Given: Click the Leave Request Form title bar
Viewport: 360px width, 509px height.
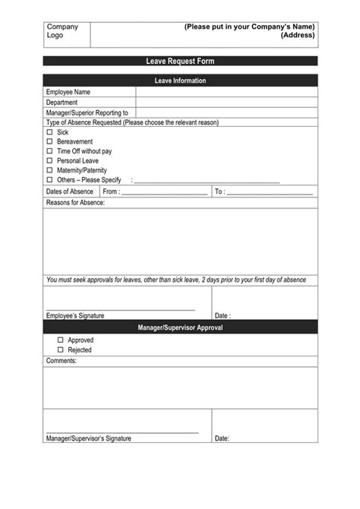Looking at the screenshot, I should click(x=180, y=61).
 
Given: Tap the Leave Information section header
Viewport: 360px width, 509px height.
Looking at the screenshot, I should click(x=180, y=81).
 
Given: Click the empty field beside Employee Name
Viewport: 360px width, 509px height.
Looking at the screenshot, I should click(x=226, y=92).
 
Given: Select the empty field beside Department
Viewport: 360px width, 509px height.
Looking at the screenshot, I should click(x=226, y=102).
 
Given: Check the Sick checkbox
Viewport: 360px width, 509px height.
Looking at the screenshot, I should click(x=50, y=132).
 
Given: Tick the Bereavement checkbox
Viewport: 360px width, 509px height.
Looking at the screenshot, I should click(x=50, y=141).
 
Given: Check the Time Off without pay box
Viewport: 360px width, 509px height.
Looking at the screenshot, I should click(x=50, y=151).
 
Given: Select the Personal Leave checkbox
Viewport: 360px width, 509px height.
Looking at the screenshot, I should click(x=50, y=161).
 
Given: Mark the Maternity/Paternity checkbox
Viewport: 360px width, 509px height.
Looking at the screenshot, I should click(x=50, y=171).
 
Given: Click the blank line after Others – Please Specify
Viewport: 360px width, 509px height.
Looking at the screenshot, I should click(x=207, y=181).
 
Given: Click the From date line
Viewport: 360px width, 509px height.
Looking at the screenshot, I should click(x=164, y=192).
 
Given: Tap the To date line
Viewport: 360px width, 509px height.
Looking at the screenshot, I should click(x=270, y=192).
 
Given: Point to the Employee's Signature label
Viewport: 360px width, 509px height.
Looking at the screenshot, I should click(x=75, y=315).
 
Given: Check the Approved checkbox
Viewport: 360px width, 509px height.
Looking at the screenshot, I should click(x=61, y=340).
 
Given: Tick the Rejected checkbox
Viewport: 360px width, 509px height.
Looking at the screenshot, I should click(x=61, y=350).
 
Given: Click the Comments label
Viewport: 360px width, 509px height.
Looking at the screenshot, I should click(x=62, y=361).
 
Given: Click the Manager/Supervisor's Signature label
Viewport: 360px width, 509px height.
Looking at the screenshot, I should click(x=89, y=438).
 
